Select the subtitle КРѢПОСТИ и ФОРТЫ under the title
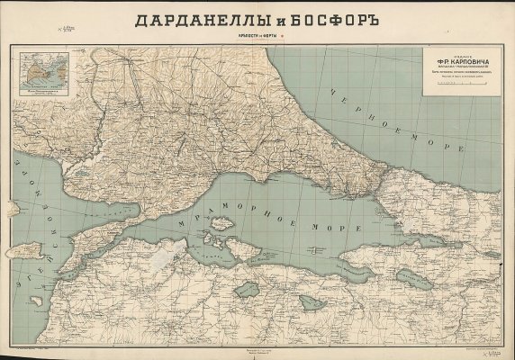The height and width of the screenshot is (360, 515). tap(257, 36)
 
